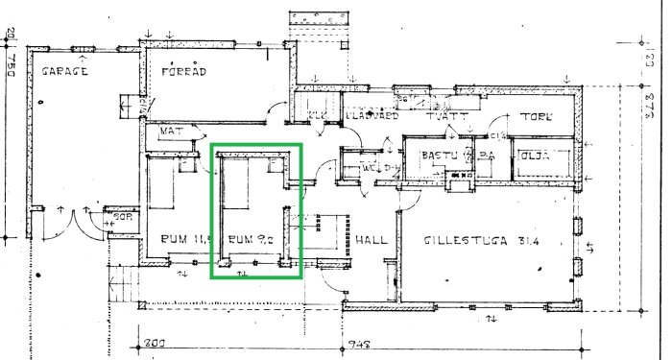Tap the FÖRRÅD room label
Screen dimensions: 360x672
tap(183, 71)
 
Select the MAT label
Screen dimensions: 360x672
tap(172, 131)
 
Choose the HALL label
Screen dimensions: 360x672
tap(371, 239)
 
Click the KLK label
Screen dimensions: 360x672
tap(315, 118)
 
